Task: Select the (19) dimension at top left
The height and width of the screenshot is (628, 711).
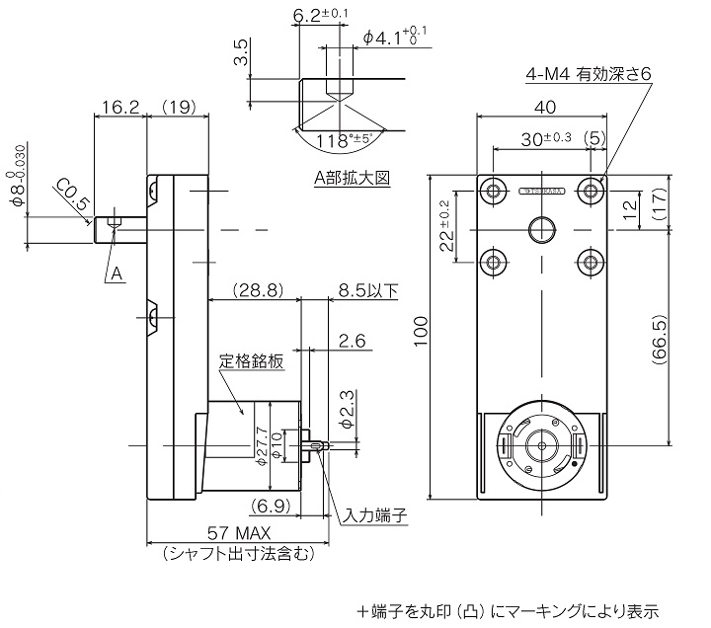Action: [x=179, y=106]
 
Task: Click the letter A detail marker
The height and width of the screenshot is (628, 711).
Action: [x=116, y=274]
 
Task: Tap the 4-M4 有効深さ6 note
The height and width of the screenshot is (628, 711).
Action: [x=589, y=74]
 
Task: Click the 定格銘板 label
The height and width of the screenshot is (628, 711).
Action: [x=251, y=361]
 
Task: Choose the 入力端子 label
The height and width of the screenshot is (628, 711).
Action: [x=375, y=515]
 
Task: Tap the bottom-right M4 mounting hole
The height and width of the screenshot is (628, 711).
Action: [x=591, y=262]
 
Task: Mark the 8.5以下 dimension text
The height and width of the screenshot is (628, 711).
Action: [x=367, y=290]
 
